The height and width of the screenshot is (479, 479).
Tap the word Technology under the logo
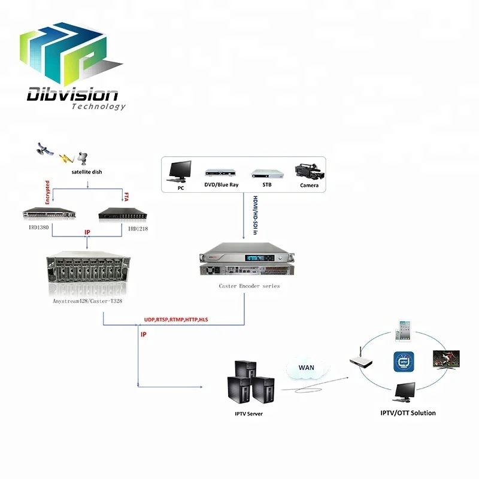tap(99, 107)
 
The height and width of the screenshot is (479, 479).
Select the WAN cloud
tap(306, 368)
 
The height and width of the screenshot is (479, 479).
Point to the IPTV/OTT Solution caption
tap(408, 413)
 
